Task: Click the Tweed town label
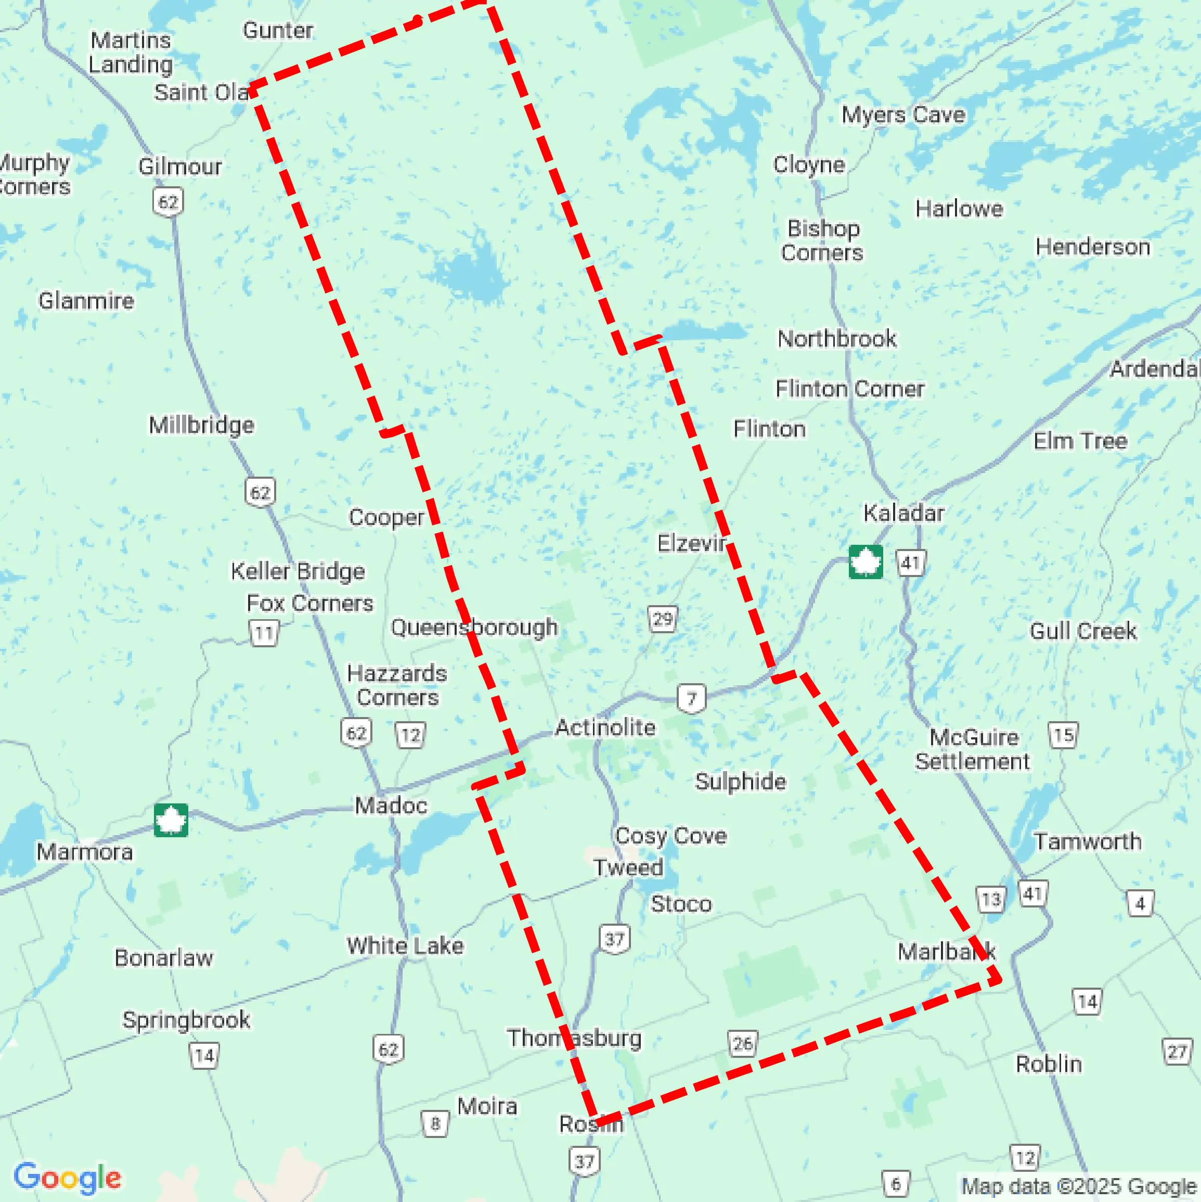(628, 867)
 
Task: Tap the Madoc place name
(391, 805)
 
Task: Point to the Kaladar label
(903, 513)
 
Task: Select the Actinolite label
(604, 727)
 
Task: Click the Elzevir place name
(691, 544)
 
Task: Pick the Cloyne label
(808, 165)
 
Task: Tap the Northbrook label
(836, 339)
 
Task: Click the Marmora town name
(85, 852)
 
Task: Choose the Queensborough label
(474, 627)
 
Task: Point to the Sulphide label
(740, 782)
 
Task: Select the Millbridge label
(201, 426)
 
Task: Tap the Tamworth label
(1087, 842)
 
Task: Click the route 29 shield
(662, 619)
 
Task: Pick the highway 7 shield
(691, 698)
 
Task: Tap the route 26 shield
(743, 1043)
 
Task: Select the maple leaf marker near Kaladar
(865, 562)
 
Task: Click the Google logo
(67, 1178)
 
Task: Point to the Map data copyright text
(1079, 1186)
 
